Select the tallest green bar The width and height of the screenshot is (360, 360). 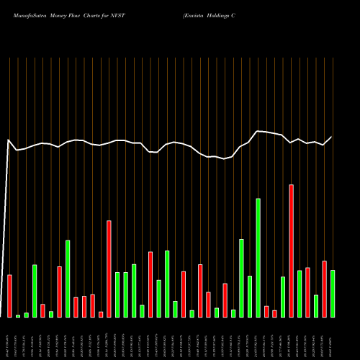[x=258, y=257]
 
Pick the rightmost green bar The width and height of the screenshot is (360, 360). [x=333, y=293]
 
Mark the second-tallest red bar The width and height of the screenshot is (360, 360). [x=109, y=269]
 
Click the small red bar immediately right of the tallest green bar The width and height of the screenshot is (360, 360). [x=266, y=311]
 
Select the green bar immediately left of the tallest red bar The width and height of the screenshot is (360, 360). [x=283, y=297]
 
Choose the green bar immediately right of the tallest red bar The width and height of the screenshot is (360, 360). [x=300, y=294]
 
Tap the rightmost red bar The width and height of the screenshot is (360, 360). [x=324, y=289]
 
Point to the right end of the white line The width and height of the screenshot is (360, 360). [x=332, y=137]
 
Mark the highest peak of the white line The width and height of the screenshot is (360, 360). [x=258, y=130]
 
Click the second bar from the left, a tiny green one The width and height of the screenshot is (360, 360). [x=18, y=315]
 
